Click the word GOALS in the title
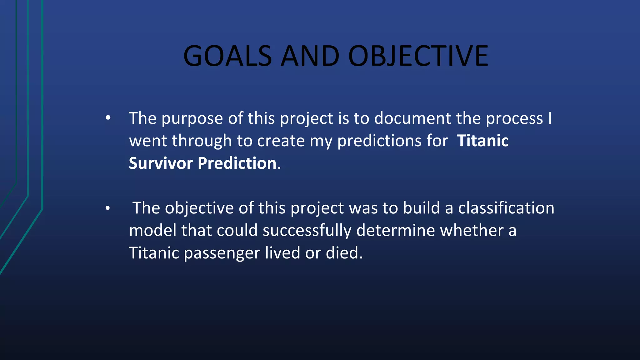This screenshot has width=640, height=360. (227, 56)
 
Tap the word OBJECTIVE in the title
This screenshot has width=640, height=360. (418, 56)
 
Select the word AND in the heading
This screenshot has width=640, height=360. (310, 56)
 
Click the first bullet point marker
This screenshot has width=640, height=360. (108, 118)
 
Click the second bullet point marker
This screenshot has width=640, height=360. (108, 208)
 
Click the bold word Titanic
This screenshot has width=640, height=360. (483, 141)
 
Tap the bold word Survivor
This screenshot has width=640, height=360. (161, 163)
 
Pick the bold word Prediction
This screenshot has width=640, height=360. (237, 163)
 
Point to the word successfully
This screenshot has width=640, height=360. (307, 231)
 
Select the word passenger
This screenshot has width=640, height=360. (222, 253)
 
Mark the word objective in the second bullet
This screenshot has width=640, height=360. (199, 208)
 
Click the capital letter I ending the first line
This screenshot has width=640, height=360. (550, 119)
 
